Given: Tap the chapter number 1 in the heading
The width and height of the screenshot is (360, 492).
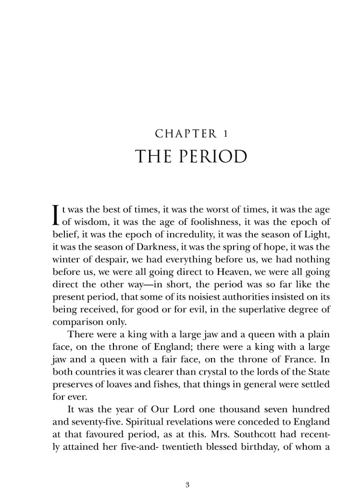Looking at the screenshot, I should pyautogui.click(x=225, y=133).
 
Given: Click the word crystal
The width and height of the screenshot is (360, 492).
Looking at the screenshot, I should pyautogui.click(x=199, y=372).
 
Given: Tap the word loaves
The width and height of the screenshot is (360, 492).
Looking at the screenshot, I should pyautogui.click(x=112, y=385).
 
